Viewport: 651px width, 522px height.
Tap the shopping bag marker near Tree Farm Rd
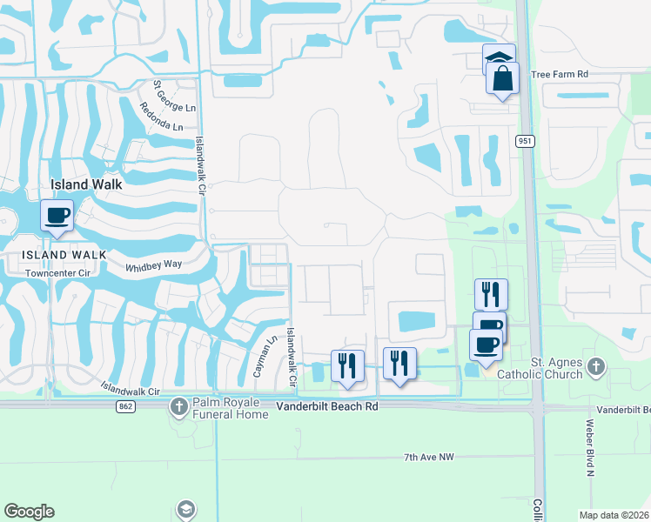(x=503, y=79)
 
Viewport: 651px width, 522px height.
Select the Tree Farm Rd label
(x=559, y=75)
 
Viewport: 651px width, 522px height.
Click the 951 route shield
(x=524, y=142)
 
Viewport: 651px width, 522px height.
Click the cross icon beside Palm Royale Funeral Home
(x=178, y=406)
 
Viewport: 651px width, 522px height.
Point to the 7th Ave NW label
(x=429, y=457)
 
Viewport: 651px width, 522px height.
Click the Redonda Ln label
(x=161, y=117)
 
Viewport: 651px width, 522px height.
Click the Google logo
(x=29, y=512)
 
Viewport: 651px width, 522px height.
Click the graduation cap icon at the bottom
(x=185, y=509)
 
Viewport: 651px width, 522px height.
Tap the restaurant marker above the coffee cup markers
(x=492, y=294)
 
